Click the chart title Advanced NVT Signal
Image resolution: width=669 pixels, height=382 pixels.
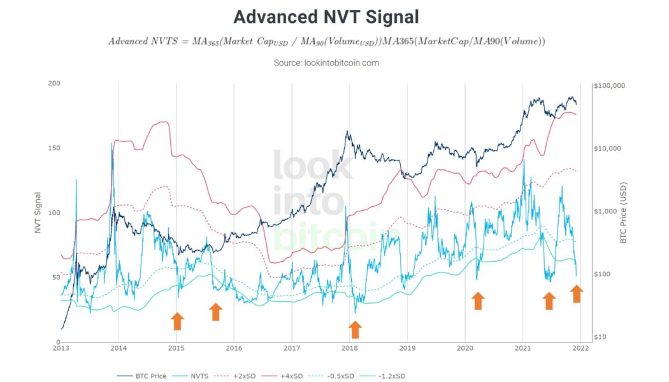[326, 17]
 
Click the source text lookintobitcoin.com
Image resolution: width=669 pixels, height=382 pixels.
[326, 63]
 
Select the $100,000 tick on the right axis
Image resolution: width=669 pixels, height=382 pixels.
[610, 85]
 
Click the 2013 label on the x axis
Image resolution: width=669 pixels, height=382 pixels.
[61, 348]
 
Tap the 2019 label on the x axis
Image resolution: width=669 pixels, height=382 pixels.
[407, 348]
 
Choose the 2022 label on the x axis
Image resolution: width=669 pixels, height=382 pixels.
[580, 348]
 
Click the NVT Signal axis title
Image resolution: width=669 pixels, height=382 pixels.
[38, 213]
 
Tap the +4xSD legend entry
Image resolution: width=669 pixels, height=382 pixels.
[294, 376]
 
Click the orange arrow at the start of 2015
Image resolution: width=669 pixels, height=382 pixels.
[177, 321]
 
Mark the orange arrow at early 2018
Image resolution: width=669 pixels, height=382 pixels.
[355, 329]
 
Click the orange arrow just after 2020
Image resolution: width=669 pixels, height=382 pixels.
[478, 301]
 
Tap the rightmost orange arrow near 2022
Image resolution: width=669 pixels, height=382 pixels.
[576, 294]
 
